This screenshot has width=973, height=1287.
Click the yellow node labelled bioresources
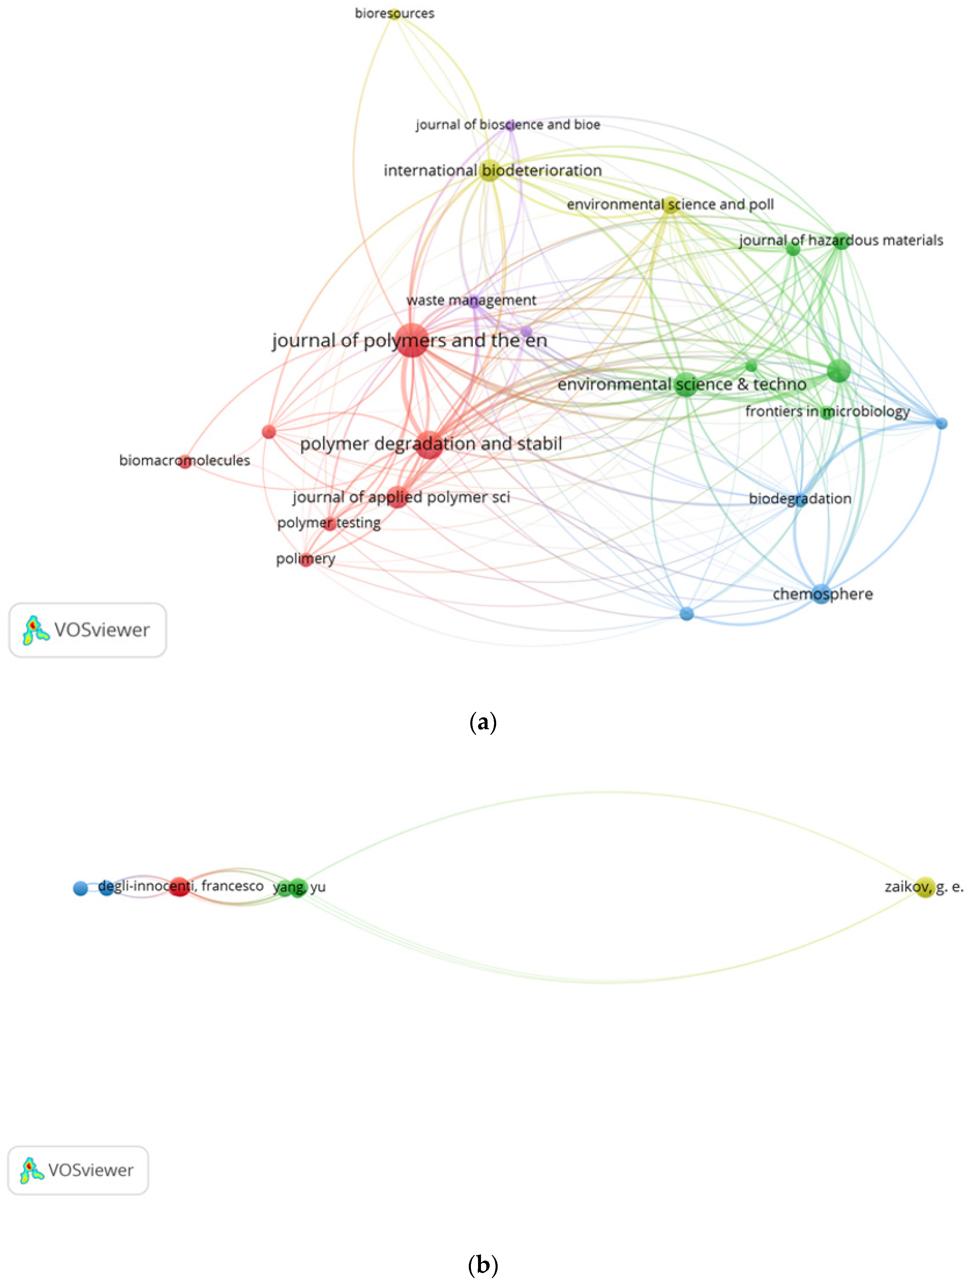pyautogui.click(x=395, y=13)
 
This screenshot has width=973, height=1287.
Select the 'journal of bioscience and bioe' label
pyautogui.click(x=507, y=125)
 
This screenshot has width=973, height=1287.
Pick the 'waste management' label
pyautogui.click(x=471, y=300)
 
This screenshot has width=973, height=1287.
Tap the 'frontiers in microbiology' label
pyautogui.click(x=828, y=411)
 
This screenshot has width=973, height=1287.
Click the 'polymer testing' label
pyautogui.click(x=329, y=522)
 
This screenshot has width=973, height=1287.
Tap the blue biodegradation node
pyautogui.click(x=801, y=499)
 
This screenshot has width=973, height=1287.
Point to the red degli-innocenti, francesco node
pyautogui.click(x=179, y=887)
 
